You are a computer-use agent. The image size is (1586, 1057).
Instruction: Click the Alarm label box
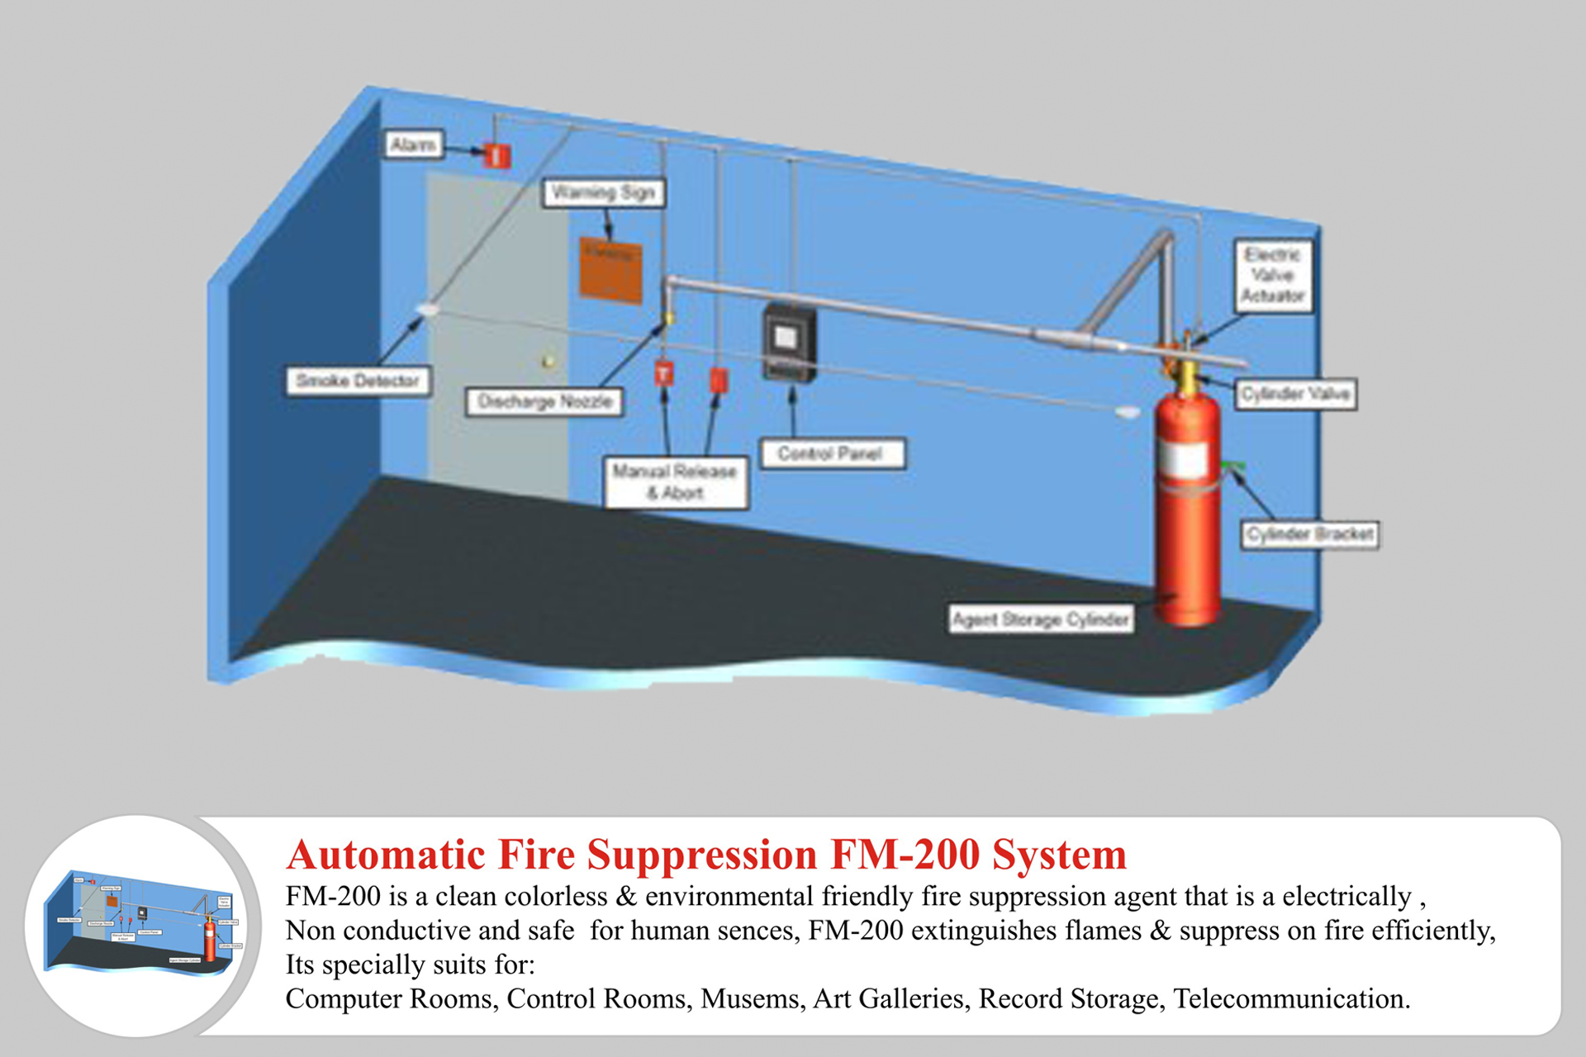(x=413, y=145)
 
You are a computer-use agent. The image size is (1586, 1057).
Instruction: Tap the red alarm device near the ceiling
(x=496, y=155)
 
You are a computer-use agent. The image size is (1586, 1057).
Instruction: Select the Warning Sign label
(x=603, y=193)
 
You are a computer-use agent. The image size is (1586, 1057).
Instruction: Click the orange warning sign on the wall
(x=610, y=270)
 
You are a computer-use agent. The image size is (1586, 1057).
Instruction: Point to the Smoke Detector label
(x=358, y=381)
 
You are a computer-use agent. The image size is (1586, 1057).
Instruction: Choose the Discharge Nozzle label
(x=544, y=402)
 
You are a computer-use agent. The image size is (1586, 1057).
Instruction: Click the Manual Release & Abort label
(x=675, y=482)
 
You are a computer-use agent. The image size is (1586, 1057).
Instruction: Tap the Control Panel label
(x=831, y=453)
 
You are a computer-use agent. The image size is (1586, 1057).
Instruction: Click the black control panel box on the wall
(x=788, y=342)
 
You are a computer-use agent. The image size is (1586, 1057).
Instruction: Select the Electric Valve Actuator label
(x=1273, y=276)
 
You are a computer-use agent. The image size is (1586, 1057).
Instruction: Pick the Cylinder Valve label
(x=1295, y=394)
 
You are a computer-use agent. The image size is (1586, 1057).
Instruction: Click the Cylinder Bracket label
(x=1310, y=534)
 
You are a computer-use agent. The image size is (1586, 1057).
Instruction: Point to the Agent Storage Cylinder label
(x=1041, y=619)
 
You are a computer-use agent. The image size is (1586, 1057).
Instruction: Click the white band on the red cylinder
(x=1188, y=460)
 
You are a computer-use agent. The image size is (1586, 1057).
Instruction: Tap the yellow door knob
(x=547, y=361)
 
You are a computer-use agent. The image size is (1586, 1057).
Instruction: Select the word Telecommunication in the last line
(x=1290, y=998)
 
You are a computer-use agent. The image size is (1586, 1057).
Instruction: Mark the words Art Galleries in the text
(x=889, y=998)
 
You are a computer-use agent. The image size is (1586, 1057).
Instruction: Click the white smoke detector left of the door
(x=427, y=309)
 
